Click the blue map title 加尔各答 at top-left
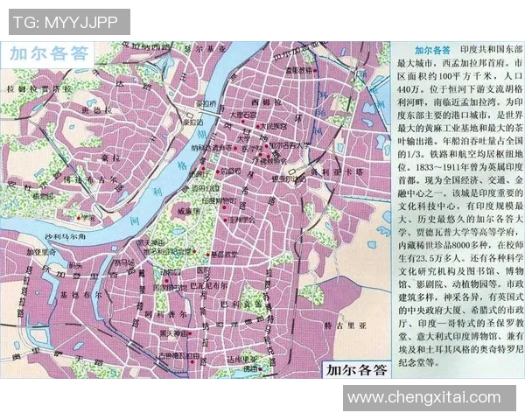coord(50,53)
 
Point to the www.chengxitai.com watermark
coord(435,398)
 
